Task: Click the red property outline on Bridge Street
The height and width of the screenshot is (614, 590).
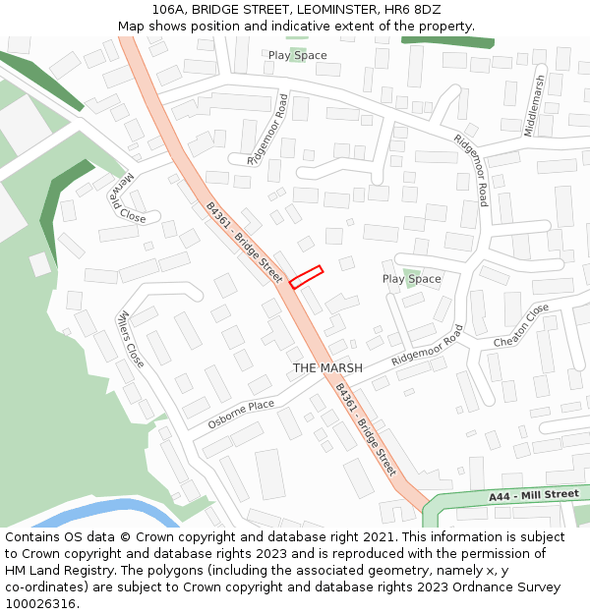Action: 306,277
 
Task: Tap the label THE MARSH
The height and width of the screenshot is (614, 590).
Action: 327,368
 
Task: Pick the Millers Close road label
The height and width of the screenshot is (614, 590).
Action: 130,339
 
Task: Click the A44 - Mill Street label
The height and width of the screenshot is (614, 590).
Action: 534,496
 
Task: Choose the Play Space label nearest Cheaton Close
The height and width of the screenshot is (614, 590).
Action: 411,279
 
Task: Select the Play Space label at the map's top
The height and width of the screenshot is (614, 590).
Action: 297,55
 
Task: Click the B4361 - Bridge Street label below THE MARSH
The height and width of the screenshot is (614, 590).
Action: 365,429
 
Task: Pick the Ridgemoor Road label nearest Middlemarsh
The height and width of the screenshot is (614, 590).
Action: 471,169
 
